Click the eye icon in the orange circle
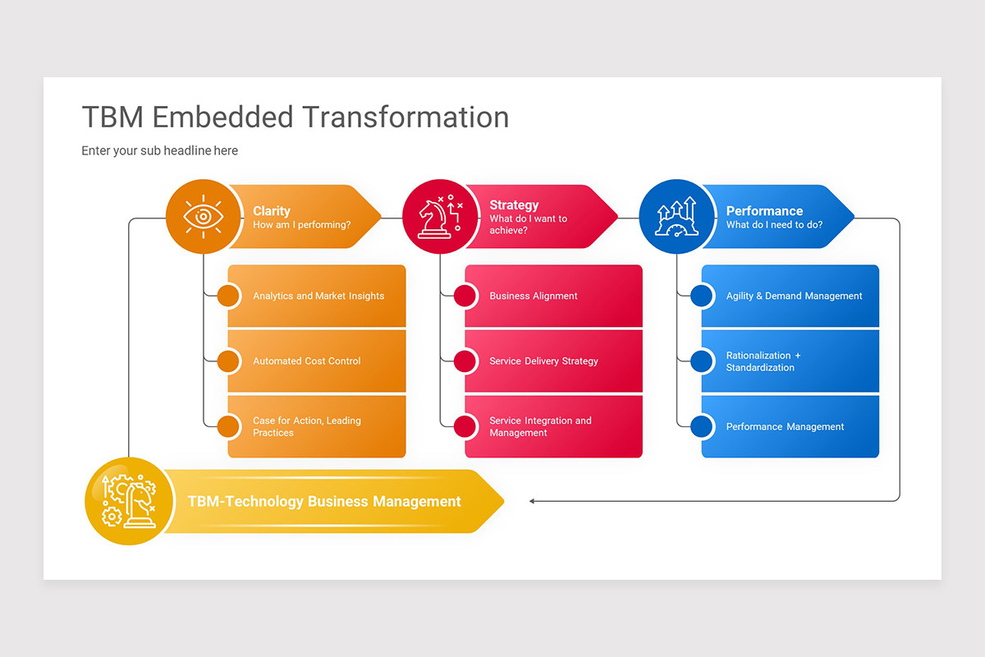click(x=204, y=217)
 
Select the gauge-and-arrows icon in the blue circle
click(x=676, y=217)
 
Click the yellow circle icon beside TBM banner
click(x=129, y=501)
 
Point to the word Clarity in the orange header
click(x=272, y=211)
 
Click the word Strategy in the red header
click(x=514, y=205)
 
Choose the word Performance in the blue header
click(x=764, y=211)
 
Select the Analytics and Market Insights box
click(x=318, y=296)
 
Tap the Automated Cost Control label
click(x=306, y=361)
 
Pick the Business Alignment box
click(x=554, y=296)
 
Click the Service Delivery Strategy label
click(x=543, y=361)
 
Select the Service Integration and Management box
click(x=554, y=426)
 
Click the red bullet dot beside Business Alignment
click(x=465, y=296)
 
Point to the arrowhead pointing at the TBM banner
click(x=533, y=501)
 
